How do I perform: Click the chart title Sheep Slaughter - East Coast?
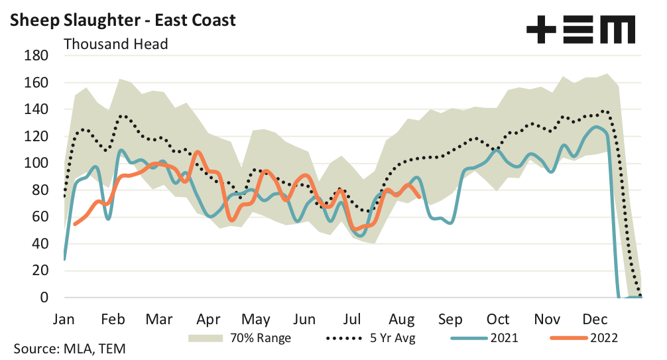(122, 20)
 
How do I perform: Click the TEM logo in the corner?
(580, 30)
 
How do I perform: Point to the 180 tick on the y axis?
(36, 56)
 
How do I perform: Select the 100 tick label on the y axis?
(36, 163)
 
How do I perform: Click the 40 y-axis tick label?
(40, 244)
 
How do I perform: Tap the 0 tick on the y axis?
(44, 298)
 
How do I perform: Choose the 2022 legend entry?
(603, 338)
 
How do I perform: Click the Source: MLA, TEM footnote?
(69, 348)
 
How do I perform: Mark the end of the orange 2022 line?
(420, 197)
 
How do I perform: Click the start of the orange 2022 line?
(74, 224)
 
